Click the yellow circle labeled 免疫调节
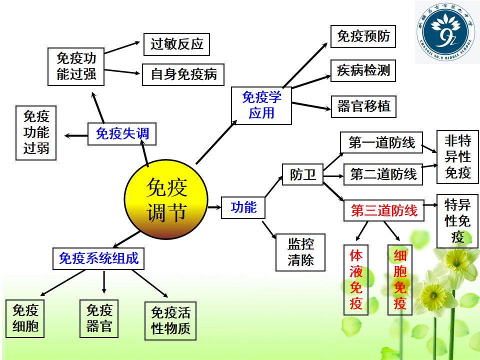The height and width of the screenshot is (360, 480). click(166, 199)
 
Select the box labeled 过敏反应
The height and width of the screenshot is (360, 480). click(176, 44)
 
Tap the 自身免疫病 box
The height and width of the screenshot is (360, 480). click(183, 74)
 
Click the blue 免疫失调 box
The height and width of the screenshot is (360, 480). click(122, 134)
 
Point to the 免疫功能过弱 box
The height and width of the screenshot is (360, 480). click(36, 133)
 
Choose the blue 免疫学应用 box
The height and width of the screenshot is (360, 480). click(261, 105)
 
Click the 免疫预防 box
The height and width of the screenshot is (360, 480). click(363, 36)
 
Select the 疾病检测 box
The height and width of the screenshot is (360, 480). click(363, 70)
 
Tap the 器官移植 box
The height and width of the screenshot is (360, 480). click(363, 106)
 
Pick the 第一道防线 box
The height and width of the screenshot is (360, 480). click(381, 142)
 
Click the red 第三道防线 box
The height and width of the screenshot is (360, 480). click(384, 210)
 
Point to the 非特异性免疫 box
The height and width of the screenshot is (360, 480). click(457, 156)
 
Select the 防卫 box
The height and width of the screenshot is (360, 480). click(302, 174)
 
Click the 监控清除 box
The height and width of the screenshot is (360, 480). click(300, 252)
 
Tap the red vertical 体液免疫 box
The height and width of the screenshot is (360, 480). click(355, 280)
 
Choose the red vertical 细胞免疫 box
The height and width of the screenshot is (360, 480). click(400, 280)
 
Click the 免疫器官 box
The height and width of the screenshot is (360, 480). click(99, 318)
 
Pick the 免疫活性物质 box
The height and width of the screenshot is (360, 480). click(170, 321)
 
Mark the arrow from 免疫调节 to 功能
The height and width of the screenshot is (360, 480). click(214, 207)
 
